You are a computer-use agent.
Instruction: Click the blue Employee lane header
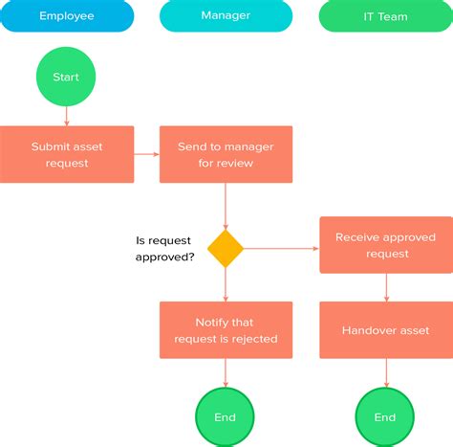[67, 16]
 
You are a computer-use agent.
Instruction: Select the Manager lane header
[226, 16]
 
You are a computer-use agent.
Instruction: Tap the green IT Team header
[385, 16]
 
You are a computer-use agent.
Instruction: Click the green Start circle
[67, 77]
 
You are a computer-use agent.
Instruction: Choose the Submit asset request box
[67, 154]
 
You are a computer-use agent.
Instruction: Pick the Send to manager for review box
[226, 154]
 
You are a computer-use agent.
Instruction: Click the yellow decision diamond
[226, 249]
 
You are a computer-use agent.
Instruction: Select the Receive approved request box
[385, 245]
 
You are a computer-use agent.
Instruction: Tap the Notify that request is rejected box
[226, 330]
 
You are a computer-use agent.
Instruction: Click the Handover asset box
[385, 330]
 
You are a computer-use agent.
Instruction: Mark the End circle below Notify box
[226, 416]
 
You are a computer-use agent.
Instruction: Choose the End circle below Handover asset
[385, 416]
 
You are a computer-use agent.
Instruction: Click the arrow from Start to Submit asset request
[67, 115]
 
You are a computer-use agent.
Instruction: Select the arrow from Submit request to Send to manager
[146, 154]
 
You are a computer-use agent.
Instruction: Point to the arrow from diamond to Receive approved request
[281, 249]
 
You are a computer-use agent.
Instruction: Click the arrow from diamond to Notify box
[226, 284]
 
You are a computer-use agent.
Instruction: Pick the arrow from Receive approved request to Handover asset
[385, 287]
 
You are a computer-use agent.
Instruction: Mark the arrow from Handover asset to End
[385, 373]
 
